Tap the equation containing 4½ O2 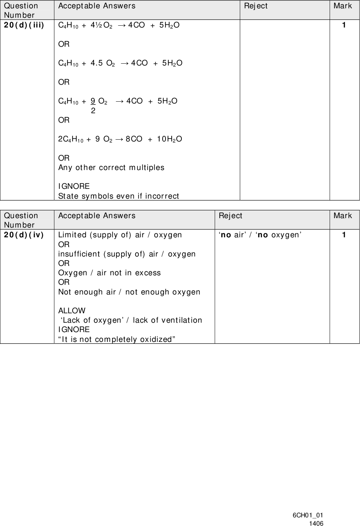click(119, 25)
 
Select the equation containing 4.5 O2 click(120, 63)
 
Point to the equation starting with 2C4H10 click(120, 139)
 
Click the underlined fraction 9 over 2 click(93, 105)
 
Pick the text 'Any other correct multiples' click(111, 167)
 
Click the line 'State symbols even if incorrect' click(119, 196)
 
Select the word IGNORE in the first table click(74, 186)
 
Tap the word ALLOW click(72, 311)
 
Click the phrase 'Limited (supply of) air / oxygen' click(120, 235)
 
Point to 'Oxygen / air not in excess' click(110, 273)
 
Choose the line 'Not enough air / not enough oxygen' click(129, 292)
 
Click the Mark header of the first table click(343, 6)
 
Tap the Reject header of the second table click(230, 216)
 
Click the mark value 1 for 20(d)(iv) click(344, 235)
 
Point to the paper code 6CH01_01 click(308, 516)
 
